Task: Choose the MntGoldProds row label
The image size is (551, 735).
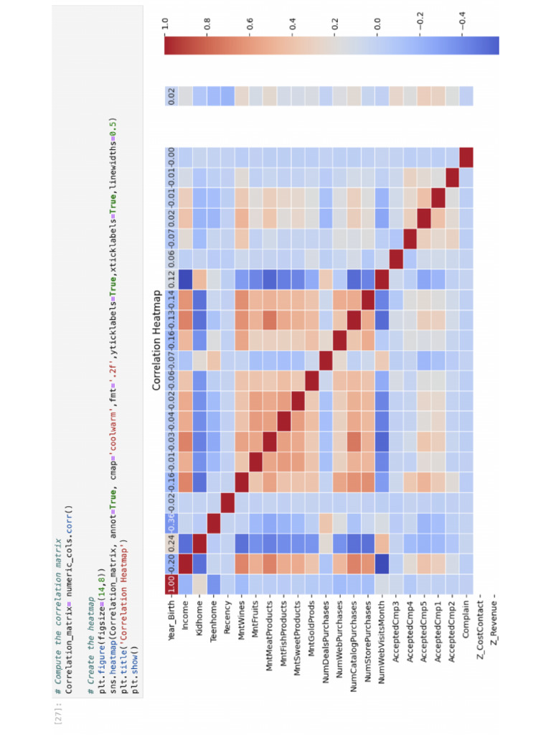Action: pos(311,621)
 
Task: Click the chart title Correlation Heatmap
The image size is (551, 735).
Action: pos(156,340)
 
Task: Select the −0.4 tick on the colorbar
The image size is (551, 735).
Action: pos(463,26)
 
